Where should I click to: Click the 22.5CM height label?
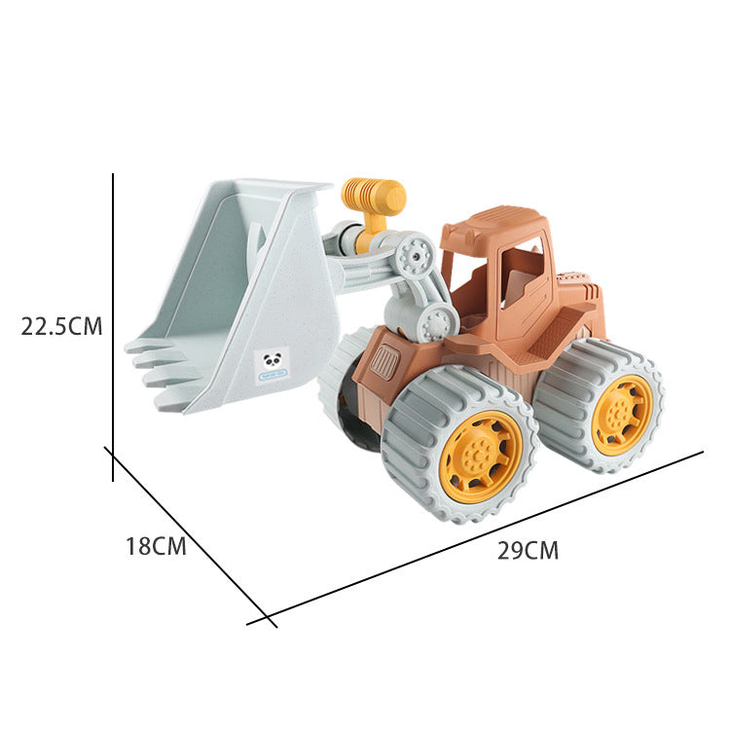(61, 326)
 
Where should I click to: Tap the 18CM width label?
(156, 546)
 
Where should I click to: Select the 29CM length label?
(528, 551)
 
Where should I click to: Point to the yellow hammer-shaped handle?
(375, 198)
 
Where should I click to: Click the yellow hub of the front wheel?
(481, 456)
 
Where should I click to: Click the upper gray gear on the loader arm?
(415, 255)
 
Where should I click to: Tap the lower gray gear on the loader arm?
(434, 322)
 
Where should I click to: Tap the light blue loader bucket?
(243, 292)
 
